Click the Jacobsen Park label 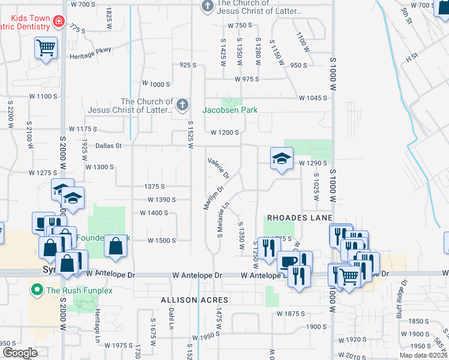point(230,110)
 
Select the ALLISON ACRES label point(194,299)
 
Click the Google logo point(20,353)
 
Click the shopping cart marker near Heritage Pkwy point(46,47)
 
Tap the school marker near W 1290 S point(280,158)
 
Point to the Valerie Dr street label point(218,167)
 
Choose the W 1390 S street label point(161,199)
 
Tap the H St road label point(411,58)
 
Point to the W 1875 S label point(291,313)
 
